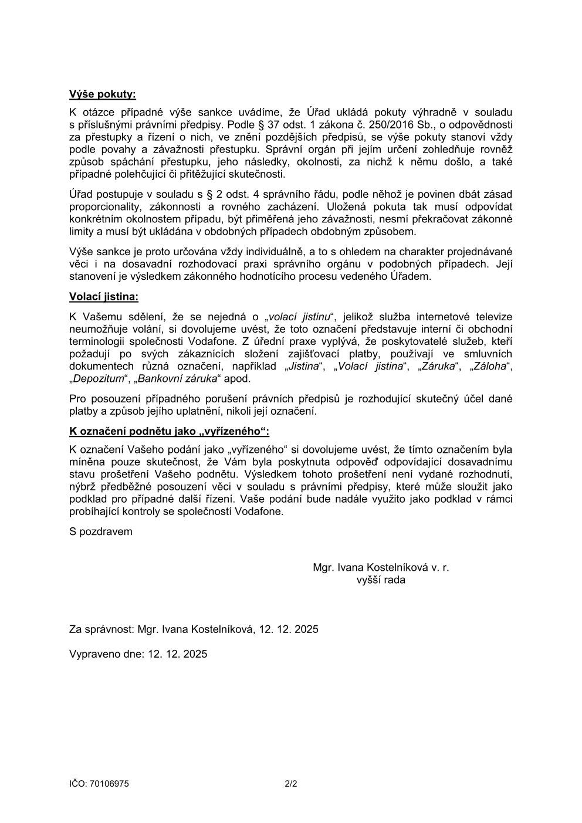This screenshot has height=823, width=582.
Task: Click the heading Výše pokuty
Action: pos(102,94)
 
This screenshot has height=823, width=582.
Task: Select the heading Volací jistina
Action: pos(104,297)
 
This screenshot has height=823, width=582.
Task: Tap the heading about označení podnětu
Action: pos(169,432)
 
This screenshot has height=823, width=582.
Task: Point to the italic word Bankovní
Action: pos(157,379)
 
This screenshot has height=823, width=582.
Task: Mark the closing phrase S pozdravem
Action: pos(101,532)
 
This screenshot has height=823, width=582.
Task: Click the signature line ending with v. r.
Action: pos(381,567)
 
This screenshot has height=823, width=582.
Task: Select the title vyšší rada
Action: pos(381,580)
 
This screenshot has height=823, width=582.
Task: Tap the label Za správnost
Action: pos(100,629)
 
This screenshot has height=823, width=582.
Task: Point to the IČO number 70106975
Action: pos(110,784)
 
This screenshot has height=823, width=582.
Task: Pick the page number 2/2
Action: pos(291,784)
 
